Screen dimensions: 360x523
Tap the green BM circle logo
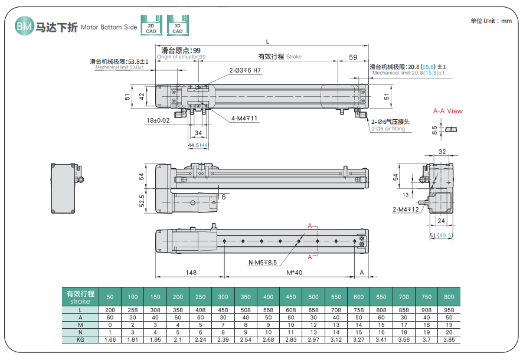[24, 26]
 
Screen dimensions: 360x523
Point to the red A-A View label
[447, 111]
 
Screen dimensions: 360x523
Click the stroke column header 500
[313, 297]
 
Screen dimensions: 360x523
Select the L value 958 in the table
[449, 309]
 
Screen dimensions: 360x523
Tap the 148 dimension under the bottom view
[191, 273]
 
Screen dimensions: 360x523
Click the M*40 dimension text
[294, 273]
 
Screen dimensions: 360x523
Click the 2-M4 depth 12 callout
[406, 210]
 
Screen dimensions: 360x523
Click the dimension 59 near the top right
[353, 57]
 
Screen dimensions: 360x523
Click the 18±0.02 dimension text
[158, 120]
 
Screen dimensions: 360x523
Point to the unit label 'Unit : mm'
[491, 21]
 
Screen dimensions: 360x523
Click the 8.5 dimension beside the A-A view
[434, 129]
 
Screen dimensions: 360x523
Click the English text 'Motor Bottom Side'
[109, 27]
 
